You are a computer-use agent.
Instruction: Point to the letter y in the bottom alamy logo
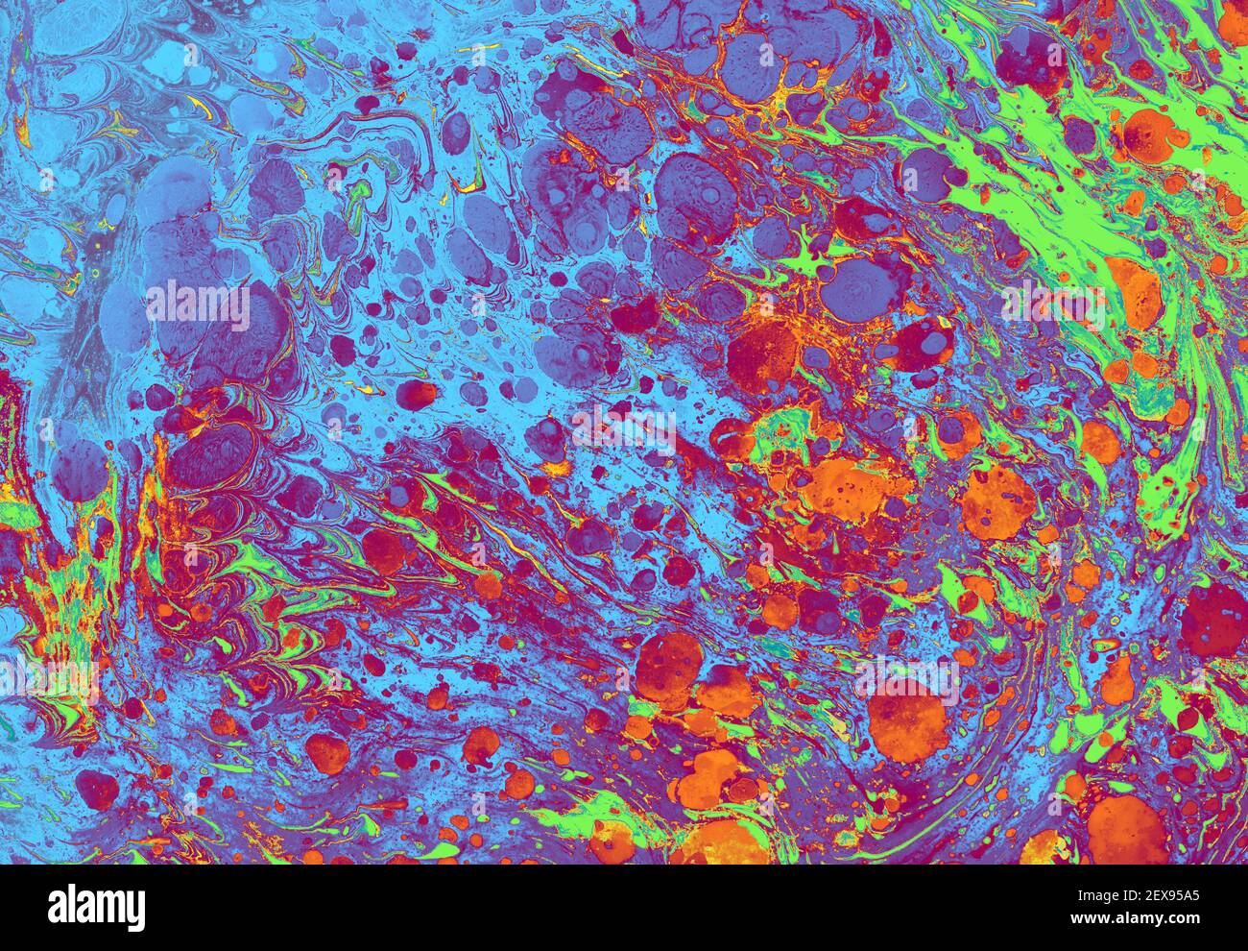[137, 911]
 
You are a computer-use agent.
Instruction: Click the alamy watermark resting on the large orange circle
[907, 680]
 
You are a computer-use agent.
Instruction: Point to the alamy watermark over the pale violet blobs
[198, 305]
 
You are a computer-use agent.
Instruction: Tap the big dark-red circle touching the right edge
[1213, 620]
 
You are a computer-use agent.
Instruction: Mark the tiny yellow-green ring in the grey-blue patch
[95, 274]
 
